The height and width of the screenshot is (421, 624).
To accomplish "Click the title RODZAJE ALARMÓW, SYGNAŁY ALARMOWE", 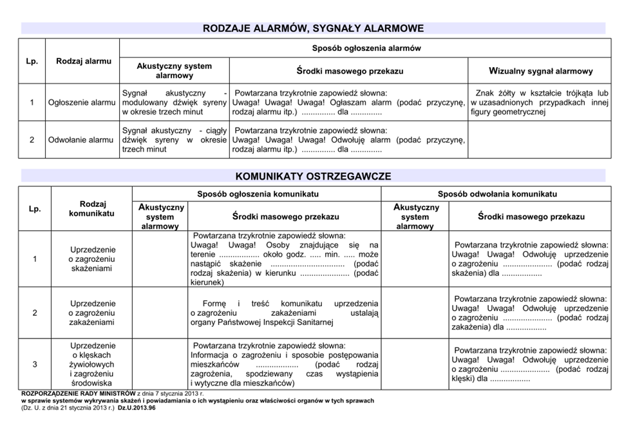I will click(x=313, y=28).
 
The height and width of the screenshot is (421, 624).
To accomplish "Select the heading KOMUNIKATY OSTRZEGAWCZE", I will click(x=313, y=176).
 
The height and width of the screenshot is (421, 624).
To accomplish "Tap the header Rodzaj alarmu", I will click(x=84, y=61).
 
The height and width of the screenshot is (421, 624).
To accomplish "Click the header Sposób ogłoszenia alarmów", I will click(x=366, y=48).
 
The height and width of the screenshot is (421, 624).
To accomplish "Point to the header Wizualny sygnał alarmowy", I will click(x=540, y=71).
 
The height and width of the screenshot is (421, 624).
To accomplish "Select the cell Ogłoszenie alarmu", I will click(x=81, y=103).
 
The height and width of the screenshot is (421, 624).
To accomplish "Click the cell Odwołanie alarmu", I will click(x=81, y=139).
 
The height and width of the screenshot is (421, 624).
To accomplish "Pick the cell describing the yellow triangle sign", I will click(x=540, y=103).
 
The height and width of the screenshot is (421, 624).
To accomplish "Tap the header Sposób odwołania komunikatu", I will click(x=496, y=193).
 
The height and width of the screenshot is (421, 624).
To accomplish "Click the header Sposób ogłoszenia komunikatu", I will click(x=257, y=193).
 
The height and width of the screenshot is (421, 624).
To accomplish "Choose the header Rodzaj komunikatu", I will click(x=92, y=208).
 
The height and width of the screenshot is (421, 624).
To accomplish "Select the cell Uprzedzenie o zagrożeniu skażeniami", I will click(x=92, y=259).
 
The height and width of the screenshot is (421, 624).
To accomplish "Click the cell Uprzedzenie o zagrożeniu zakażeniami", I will click(x=92, y=313).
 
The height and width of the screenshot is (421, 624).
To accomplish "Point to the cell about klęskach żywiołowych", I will click(x=92, y=364).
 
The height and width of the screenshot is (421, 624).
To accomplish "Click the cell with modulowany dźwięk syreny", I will click(x=175, y=103).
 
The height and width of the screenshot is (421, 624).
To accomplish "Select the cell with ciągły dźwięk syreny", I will click(x=175, y=139).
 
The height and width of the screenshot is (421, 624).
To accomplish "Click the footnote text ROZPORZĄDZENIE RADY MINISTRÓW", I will click(x=78, y=393).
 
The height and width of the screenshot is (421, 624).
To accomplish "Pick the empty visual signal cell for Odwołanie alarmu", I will click(x=540, y=139).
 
